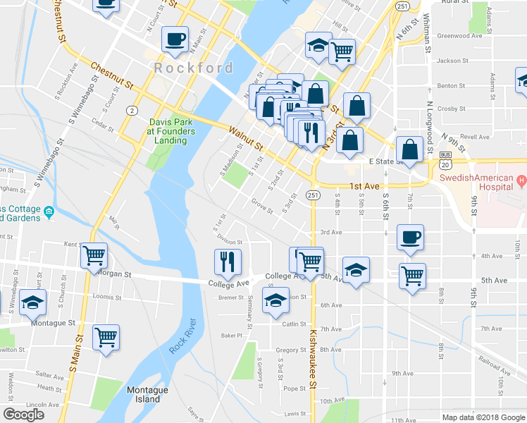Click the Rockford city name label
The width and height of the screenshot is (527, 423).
pos(194,68)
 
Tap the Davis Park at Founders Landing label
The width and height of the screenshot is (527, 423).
pos(171,130)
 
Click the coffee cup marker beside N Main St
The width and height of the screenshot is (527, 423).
pos(175,40)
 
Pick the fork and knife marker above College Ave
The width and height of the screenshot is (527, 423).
pos(228,262)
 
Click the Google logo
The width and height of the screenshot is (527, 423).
pos(23,414)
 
